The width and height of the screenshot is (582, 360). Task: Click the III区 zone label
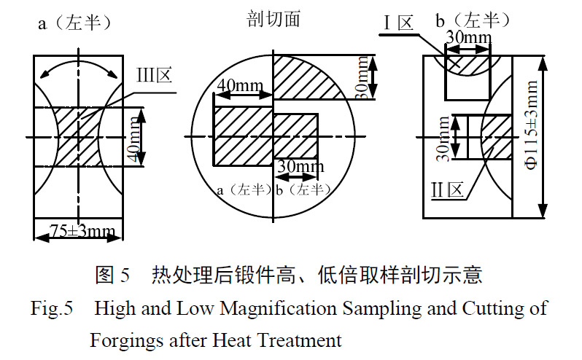[153, 75]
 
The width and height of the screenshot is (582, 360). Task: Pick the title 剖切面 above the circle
[273, 20]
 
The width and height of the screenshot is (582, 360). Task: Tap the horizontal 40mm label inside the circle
[240, 85]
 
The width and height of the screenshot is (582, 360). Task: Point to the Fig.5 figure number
[52, 308]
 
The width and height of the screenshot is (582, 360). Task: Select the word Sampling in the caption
[370, 308]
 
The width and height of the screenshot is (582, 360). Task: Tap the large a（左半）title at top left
[75, 23]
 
